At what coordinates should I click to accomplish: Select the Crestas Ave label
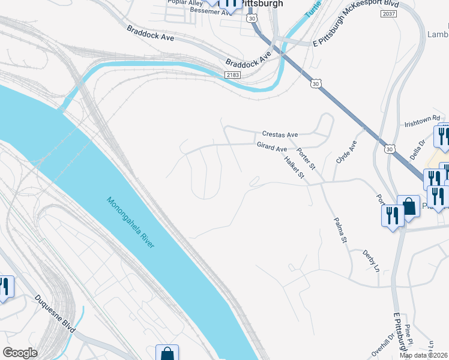point(280,134)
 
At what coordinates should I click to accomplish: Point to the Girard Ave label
point(272,147)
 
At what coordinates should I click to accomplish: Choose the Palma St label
point(340,230)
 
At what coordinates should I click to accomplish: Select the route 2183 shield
point(233,74)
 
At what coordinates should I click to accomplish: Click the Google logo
point(20,353)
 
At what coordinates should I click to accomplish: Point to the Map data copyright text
point(424,355)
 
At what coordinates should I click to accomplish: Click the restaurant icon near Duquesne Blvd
point(5,287)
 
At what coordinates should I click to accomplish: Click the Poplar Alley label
point(186,3)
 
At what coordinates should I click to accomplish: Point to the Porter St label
point(306,159)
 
